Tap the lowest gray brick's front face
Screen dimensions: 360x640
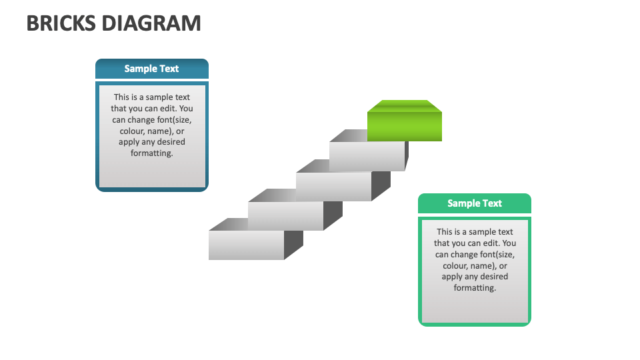pos(246,245)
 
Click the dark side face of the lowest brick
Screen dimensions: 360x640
pos(293,243)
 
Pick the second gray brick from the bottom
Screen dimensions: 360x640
pos(285,215)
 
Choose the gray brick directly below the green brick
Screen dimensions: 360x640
pos(367,156)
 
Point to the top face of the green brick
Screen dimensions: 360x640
pos(404,106)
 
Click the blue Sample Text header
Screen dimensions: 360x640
pos(151,69)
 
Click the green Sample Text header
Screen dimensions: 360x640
pos(474,203)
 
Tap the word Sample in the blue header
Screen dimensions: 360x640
pos(139,69)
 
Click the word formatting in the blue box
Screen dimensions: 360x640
pos(152,153)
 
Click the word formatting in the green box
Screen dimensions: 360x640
pos(475,288)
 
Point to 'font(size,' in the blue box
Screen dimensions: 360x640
pos(172,119)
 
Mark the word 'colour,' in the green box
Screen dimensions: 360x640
pos(457,265)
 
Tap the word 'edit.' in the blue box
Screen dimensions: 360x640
pos(167,108)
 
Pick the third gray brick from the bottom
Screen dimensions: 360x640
pos(333,186)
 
